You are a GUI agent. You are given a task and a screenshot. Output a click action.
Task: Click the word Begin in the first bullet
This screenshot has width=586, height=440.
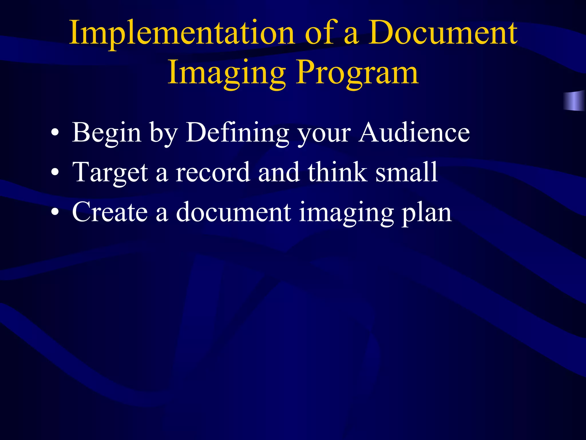pyautogui.click(x=106, y=132)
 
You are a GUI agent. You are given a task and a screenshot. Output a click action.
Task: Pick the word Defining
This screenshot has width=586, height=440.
pyautogui.click(x=237, y=132)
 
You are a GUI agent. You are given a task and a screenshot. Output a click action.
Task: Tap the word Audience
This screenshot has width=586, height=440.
pyautogui.click(x=414, y=132)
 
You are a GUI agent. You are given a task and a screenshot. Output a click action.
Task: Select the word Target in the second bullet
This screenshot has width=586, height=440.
pyautogui.click(x=110, y=172)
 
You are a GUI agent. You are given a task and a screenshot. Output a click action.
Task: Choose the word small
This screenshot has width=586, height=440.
pyautogui.click(x=406, y=172)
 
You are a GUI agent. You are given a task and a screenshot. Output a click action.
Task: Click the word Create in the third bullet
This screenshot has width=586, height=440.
pyautogui.click(x=110, y=212)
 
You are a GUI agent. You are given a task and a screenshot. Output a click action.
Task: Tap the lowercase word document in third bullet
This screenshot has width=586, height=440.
pyautogui.click(x=233, y=212)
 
